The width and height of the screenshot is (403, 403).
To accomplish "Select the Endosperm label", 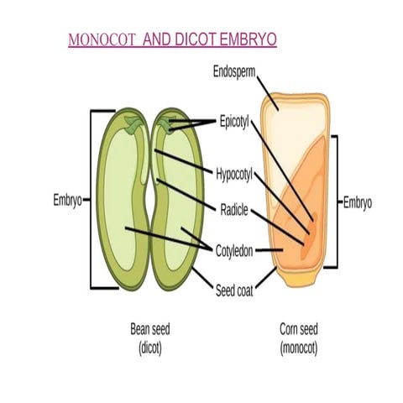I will click(233, 73).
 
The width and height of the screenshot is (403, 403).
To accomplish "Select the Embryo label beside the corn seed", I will click(359, 201).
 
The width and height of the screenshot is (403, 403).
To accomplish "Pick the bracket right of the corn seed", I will click(334, 201).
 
